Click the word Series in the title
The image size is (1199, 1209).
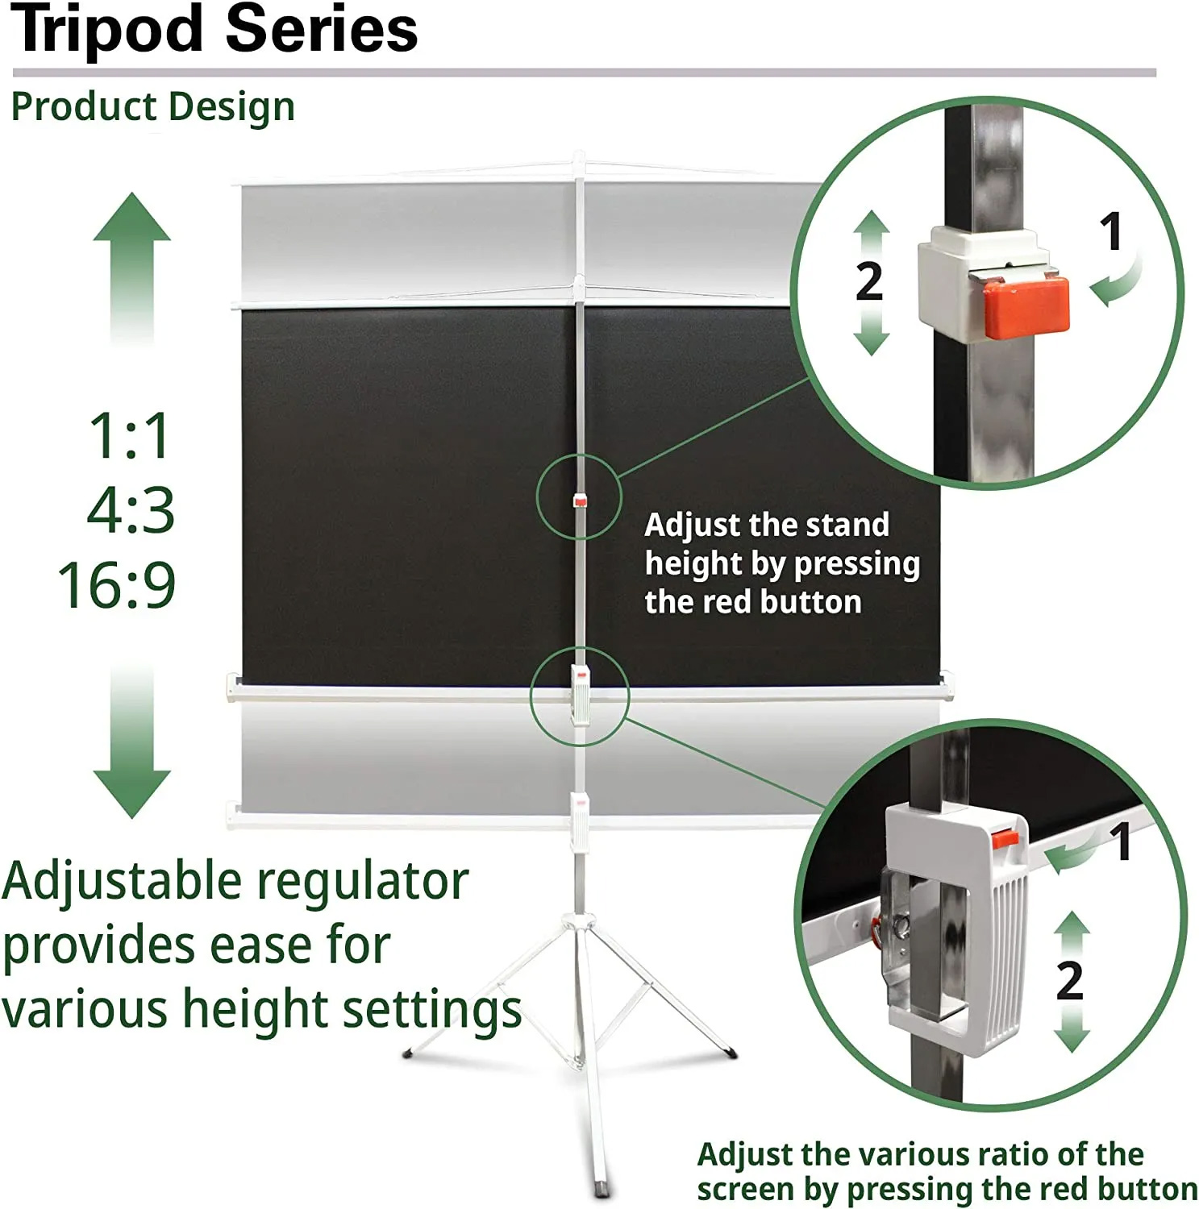322,28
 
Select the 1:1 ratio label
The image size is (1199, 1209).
130,436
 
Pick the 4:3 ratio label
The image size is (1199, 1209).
131,510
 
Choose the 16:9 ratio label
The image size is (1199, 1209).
117,584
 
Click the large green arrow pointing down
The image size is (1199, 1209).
132,742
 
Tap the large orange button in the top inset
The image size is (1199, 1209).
1025,306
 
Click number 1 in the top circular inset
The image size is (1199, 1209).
1112,231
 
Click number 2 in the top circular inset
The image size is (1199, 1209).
869,282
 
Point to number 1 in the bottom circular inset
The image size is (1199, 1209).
1120,842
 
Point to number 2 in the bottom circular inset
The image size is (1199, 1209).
1070,981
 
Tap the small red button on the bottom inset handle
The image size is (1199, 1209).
1005,838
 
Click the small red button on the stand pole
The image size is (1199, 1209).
580,501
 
